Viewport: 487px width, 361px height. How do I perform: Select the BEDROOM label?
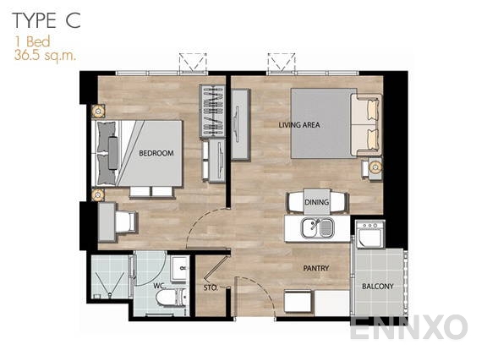pyautogui.click(x=156, y=153)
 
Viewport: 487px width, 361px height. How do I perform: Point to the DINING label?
pyautogui.click(x=316, y=203)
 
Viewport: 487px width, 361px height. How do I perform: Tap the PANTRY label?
pyautogui.click(x=316, y=269)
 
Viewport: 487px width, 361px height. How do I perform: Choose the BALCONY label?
pyautogui.click(x=377, y=287)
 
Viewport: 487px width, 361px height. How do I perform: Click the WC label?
pyautogui.click(x=158, y=285)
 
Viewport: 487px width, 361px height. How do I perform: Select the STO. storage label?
pyautogui.click(x=211, y=287)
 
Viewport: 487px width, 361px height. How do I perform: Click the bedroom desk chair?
pyautogui.click(x=124, y=222)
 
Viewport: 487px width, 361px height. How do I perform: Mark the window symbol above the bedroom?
pyautogui.click(x=192, y=63)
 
